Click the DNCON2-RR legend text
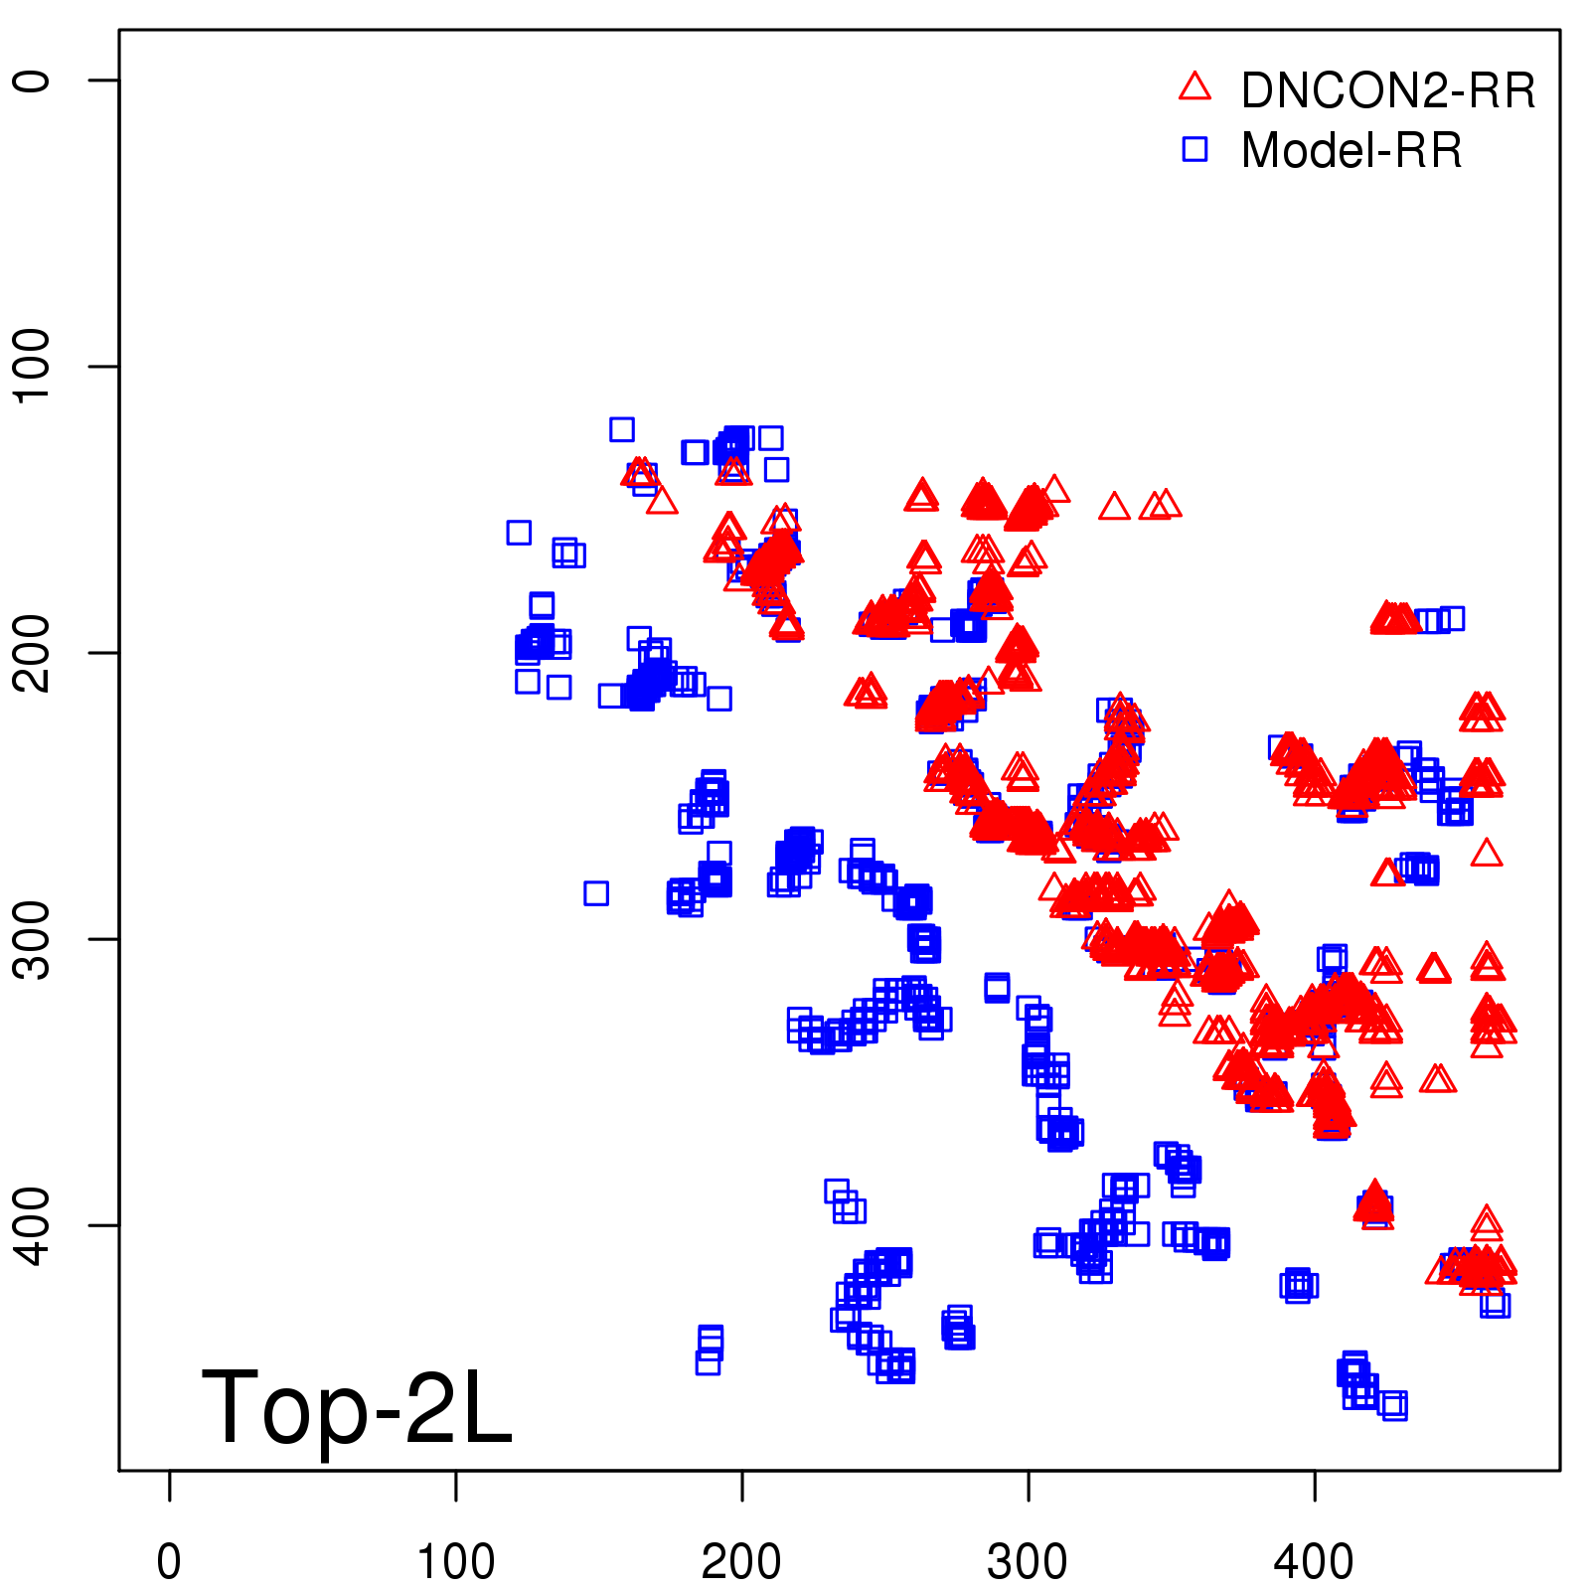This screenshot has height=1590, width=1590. point(1387,90)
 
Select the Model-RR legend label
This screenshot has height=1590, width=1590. point(1351,151)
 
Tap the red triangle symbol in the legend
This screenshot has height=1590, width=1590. point(1194,87)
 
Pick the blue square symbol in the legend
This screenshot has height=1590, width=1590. point(1194,149)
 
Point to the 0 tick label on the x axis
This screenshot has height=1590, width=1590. point(169,1562)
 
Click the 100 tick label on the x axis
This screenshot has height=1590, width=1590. point(455,1562)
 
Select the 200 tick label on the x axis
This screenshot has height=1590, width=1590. point(741,1562)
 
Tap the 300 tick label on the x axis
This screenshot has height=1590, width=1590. point(1028,1562)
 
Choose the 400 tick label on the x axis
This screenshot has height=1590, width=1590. point(1314,1562)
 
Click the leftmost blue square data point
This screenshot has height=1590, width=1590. point(519,533)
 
